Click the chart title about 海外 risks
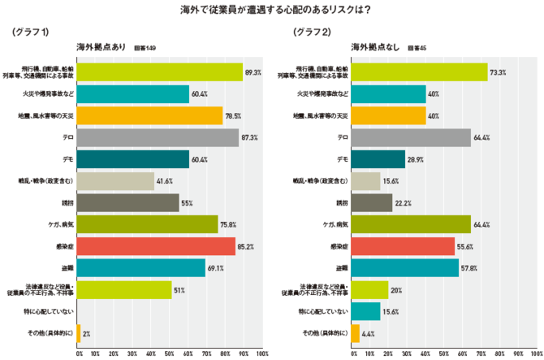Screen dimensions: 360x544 pyautogui.click(x=273, y=10)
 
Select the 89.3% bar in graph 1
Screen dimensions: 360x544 pyautogui.click(x=159, y=72)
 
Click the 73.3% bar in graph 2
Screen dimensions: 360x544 pyautogui.click(x=419, y=72)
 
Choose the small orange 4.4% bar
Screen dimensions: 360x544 pyautogui.click(x=355, y=332)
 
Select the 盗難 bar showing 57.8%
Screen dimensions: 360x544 pyautogui.click(x=404, y=267)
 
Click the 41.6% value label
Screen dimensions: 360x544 pyautogui.click(x=166, y=181)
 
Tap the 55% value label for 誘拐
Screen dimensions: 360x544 pyautogui.click(x=186, y=202)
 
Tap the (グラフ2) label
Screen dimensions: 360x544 pyautogui.click(x=312, y=33)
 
